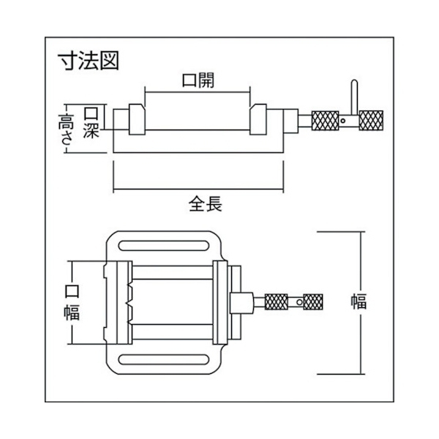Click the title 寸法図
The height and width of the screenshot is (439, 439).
click(x=89, y=61)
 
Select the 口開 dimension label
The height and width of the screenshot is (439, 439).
click(x=198, y=80)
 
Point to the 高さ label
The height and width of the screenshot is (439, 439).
click(x=66, y=129)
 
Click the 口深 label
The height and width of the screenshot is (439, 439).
click(x=91, y=123)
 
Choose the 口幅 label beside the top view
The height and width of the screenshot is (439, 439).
click(x=72, y=302)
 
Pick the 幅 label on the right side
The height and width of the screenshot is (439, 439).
click(x=359, y=301)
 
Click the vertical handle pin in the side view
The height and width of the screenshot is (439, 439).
click(x=354, y=97)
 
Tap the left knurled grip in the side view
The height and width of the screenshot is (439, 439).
click(x=325, y=121)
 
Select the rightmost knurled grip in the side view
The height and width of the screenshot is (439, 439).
click(x=371, y=121)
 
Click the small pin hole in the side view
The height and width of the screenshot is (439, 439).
click(x=342, y=121)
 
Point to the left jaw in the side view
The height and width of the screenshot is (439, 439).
click(x=137, y=119)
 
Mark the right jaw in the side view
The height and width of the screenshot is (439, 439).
click(x=258, y=119)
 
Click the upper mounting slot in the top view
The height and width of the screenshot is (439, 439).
click(x=164, y=246)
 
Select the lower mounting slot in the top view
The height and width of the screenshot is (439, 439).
click(x=164, y=359)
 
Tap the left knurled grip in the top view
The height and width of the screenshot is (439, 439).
click(x=276, y=301)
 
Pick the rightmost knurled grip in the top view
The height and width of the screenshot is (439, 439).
click(x=313, y=301)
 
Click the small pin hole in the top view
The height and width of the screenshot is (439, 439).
click(x=299, y=302)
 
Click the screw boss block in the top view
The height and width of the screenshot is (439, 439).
click(x=241, y=303)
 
